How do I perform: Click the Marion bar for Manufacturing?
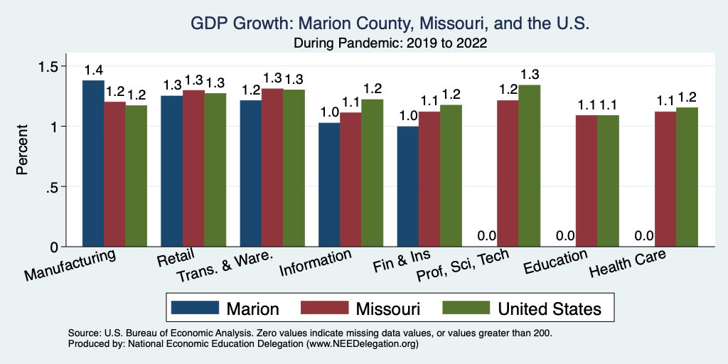click(93, 164)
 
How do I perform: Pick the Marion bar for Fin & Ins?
click(407, 186)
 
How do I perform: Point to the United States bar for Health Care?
click(687, 177)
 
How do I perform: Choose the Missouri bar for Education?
click(586, 181)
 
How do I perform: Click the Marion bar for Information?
click(328, 185)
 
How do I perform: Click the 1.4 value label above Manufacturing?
click(93, 71)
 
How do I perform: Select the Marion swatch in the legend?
click(195, 308)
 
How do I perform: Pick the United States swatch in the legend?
click(466, 308)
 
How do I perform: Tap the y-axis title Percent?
click(23, 150)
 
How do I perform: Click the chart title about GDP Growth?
click(390, 23)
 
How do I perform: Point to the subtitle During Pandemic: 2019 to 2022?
click(390, 43)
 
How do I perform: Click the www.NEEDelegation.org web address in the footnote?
click(360, 343)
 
